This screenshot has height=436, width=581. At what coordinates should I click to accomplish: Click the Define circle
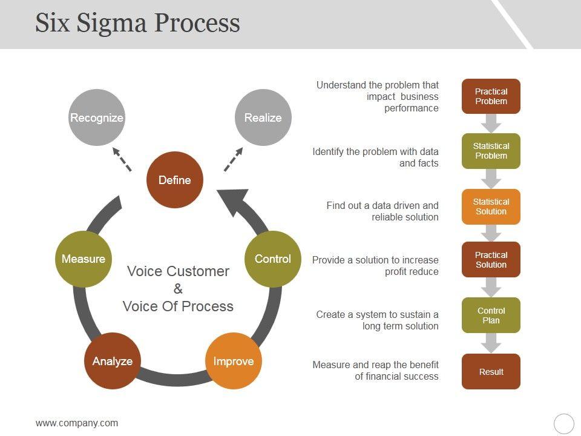[175, 180]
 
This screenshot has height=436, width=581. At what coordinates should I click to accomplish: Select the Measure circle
[84, 259]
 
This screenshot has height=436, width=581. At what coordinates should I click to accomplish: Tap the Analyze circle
[113, 361]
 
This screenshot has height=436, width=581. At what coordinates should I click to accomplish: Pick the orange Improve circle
[234, 361]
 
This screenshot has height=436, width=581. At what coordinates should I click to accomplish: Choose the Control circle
[273, 259]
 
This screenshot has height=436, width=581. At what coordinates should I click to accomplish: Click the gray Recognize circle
[97, 117]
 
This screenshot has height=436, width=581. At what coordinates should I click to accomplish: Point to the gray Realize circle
[263, 117]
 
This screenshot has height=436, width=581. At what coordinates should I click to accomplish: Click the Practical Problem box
[491, 96]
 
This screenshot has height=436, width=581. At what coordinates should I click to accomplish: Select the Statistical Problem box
[491, 151]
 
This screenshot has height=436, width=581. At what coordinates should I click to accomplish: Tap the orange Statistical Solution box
[491, 206]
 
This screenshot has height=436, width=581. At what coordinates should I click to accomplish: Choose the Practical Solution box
[491, 260]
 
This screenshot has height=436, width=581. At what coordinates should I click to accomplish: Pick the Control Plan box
[491, 315]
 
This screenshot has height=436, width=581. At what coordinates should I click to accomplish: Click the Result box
[491, 371]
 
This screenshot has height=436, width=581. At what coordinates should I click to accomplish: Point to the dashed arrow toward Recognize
[122, 159]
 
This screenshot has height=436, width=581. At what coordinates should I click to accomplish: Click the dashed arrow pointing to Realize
[233, 159]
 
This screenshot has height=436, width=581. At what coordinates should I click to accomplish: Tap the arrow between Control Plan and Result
[491, 343]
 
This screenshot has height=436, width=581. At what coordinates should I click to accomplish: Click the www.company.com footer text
[77, 423]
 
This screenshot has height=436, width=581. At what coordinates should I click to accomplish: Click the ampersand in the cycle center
[178, 289]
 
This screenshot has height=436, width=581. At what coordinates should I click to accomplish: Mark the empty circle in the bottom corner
[564, 423]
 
